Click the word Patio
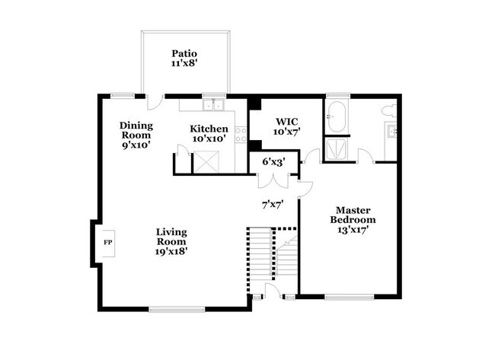point(184,53)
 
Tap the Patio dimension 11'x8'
point(184,65)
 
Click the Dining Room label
point(137,130)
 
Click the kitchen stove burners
point(240,135)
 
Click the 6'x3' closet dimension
point(273,162)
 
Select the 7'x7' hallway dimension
point(273,204)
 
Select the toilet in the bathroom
point(388,111)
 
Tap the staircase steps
point(261,259)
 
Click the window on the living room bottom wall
point(177,308)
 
